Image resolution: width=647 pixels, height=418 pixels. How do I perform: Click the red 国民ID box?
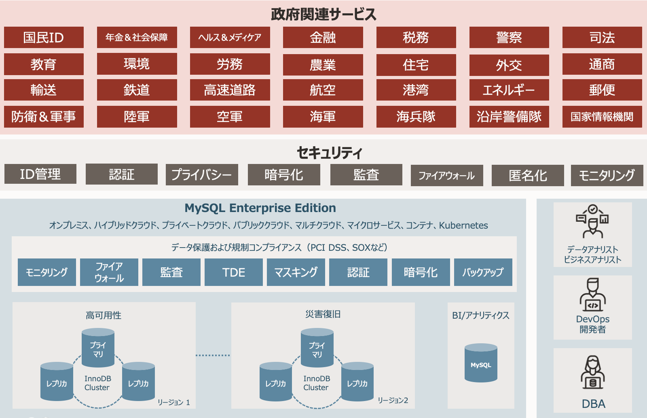[x=44, y=38]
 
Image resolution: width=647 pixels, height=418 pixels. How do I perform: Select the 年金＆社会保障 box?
[x=137, y=38]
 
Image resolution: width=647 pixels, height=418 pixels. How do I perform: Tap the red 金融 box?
[x=323, y=38]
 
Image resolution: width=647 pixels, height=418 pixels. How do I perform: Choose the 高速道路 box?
[x=230, y=90]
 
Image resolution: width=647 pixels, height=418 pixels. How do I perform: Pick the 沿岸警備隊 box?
[x=509, y=117]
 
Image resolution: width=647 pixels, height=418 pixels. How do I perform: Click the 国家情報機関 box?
[x=602, y=117]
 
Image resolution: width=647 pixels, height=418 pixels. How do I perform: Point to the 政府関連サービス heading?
[x=323, y=14]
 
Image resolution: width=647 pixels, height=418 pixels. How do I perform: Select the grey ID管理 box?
[x=40, y=174]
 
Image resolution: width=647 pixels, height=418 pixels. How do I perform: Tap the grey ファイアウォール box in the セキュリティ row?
[x=446, y=176]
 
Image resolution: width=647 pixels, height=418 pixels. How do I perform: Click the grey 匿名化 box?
[x=527, y=176]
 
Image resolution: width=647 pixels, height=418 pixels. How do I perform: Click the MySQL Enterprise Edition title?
[x=260, y=208]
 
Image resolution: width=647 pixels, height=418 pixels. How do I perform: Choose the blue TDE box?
[x=233, y=273]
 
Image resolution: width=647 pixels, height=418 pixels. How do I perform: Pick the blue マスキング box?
[x=296, y=273]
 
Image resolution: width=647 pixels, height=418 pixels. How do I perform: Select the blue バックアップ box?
[x=483, y=273]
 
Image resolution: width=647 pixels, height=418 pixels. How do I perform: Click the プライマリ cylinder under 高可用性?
[x=98, y=348]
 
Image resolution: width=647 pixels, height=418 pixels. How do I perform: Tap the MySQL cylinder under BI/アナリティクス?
[x=480, y=363]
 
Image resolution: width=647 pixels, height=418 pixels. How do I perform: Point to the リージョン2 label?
[x=393, y=400]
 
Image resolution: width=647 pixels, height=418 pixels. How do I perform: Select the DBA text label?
[x=593, y=404]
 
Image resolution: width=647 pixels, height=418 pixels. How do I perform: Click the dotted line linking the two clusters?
[x=213, y=355]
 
